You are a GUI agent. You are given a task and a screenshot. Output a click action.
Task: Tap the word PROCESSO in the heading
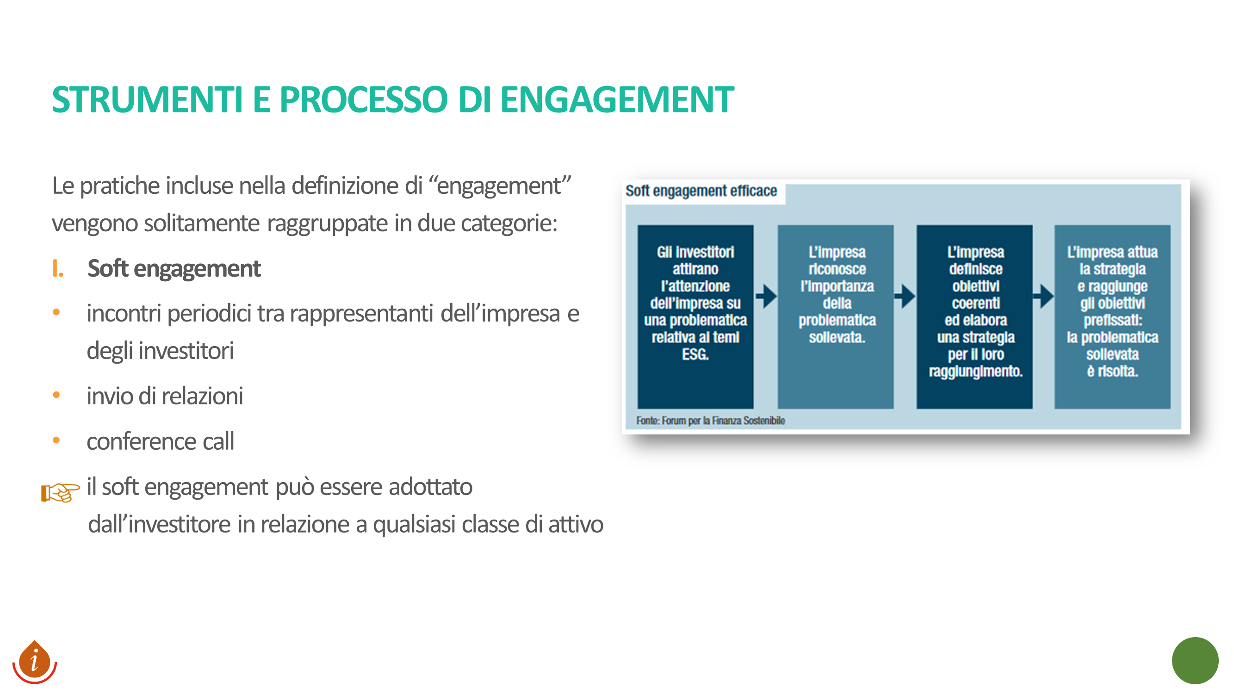pos(364,99)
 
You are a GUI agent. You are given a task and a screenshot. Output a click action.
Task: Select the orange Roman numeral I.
pos(57,268)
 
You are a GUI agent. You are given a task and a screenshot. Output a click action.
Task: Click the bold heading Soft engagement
pos(174,268)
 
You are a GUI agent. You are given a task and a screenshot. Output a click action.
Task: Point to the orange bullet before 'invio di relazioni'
pos(56,395)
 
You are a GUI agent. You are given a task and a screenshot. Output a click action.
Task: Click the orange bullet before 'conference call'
pos(56,440)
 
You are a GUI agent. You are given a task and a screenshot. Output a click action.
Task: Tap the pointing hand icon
pos(60,492)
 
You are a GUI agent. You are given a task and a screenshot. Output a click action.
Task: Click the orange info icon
pos(35,662)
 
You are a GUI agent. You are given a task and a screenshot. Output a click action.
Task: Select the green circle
pos(1195,661)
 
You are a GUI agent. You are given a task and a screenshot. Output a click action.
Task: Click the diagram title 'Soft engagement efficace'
pos(701,191)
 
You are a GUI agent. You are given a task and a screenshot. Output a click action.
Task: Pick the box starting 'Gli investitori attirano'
pos(695,316)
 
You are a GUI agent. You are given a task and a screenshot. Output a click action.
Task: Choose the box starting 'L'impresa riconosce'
pos(836,316)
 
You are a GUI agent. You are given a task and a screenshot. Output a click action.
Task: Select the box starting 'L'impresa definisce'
pos(974,316)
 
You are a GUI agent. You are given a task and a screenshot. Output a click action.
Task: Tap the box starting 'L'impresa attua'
pos(1112,316)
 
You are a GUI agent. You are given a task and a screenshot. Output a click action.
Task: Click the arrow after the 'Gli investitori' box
pos(766,296)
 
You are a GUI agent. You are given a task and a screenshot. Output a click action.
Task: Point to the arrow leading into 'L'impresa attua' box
pos(1043,296)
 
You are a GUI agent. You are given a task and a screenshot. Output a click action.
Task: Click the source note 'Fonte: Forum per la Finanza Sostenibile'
pos(710,421)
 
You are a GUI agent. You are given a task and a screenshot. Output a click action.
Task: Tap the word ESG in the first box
pos(695,354)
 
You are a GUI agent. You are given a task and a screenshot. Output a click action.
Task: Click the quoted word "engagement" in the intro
pos(500,186)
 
